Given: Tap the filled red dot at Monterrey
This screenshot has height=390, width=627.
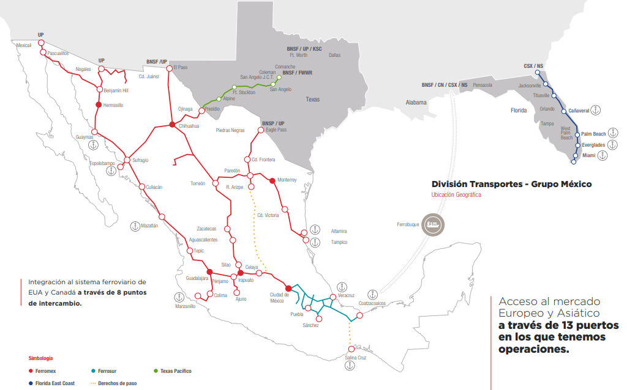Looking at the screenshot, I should pyautogui.click(x=272, y=180).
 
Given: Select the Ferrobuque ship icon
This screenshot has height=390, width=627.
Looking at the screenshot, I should pyautogui.click(x=434, y=224).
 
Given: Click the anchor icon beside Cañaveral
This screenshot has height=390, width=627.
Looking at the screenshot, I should pyautogui.click(x=596, y=110).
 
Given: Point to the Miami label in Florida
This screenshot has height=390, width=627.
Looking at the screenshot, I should pyautogui.click(x=588, y=156).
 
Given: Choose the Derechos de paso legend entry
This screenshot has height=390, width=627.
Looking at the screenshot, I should pyautogui.click(x=117, y=383).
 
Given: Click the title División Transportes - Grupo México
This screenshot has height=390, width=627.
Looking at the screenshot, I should pyautogui.click(x=511, y=184).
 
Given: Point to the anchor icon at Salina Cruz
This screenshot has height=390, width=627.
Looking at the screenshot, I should pyautogui.click(x=350, y=365).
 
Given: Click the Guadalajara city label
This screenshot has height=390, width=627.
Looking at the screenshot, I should pyautogui.click(x=197, y=278).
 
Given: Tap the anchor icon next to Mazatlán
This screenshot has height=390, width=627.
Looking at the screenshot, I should pyautogui.click(x=135, y=226).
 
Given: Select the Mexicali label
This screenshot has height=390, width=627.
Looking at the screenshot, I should pyautogui.click(x=24, y=45).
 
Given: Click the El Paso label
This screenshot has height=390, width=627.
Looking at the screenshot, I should pyautogui.click(x=181, y=67).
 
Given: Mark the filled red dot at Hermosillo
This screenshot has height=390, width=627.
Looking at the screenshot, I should pyautogui.click(x=98, y=105).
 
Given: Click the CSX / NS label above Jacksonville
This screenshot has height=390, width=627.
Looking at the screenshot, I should pyautogui.click(x=534, y=65).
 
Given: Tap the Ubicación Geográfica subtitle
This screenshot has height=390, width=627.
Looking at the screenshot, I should pyautogui.click(x=456, y=195).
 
